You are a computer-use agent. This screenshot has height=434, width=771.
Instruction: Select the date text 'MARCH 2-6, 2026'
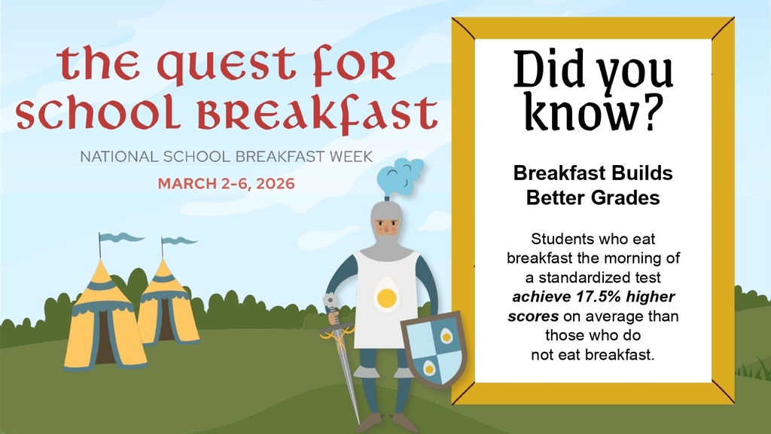click(x=226, y=183)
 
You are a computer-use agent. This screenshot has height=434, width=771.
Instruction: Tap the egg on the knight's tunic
click(x=386, y=295)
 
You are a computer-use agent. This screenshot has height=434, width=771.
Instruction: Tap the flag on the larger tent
click(x=120, y=238)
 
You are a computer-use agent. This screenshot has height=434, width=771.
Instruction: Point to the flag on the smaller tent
click(x=179, y=241)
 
